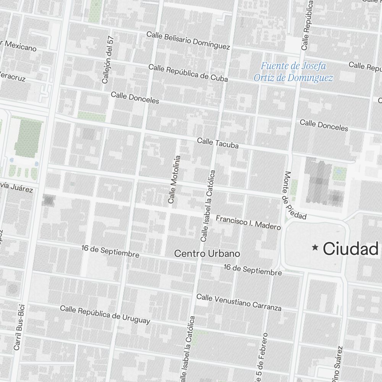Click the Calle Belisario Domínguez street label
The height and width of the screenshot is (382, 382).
(188, 41)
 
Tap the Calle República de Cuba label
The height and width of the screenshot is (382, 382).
(188, 73)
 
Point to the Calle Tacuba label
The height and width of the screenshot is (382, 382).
(218, 143)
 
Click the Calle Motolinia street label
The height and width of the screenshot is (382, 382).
(174, 179)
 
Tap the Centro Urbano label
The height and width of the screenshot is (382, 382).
(207, 253)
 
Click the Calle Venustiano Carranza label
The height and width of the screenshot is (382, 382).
(239, 302)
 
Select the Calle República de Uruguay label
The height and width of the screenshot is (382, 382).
(105, 314)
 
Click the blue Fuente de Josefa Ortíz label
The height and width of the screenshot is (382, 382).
(293, 72)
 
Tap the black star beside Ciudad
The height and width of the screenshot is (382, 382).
(315, 248)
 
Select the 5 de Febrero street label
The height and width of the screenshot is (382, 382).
(262, 353)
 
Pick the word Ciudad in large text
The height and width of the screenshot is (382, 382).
(350, 249)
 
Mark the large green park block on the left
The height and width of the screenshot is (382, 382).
(28, 136)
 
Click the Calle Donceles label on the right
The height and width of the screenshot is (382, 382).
(324, 125)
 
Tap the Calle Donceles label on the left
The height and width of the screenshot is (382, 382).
(135, 97)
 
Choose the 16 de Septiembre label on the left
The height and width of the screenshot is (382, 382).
(110, 251)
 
